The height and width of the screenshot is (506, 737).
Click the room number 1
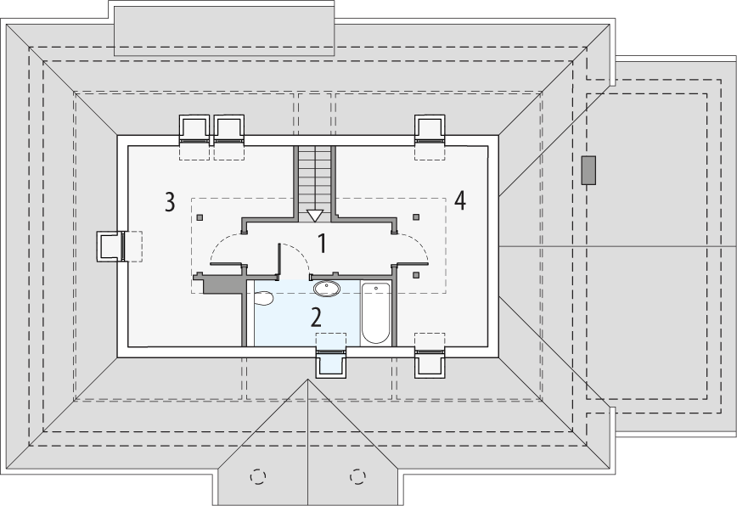tap(323, 243)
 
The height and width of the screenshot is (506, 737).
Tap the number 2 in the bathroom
tap(316, 318)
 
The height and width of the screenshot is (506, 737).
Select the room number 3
tap(170, 202)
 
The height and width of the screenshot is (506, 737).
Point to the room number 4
tap(460, 200)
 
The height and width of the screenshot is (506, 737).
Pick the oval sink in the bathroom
tap(327, 287)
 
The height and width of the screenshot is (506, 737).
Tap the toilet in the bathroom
tap(263, 298)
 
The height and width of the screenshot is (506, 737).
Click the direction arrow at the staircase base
tap(315, 215)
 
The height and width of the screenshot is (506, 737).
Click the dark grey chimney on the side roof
tap(588, 170)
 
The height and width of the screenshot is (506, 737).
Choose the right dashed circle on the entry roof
tap(357, 476)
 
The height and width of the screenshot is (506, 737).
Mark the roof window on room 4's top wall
tap(430, 129)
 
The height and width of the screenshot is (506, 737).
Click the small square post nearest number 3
tap(200, 218)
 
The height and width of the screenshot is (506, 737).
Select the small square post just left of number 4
tap(416, 217)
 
